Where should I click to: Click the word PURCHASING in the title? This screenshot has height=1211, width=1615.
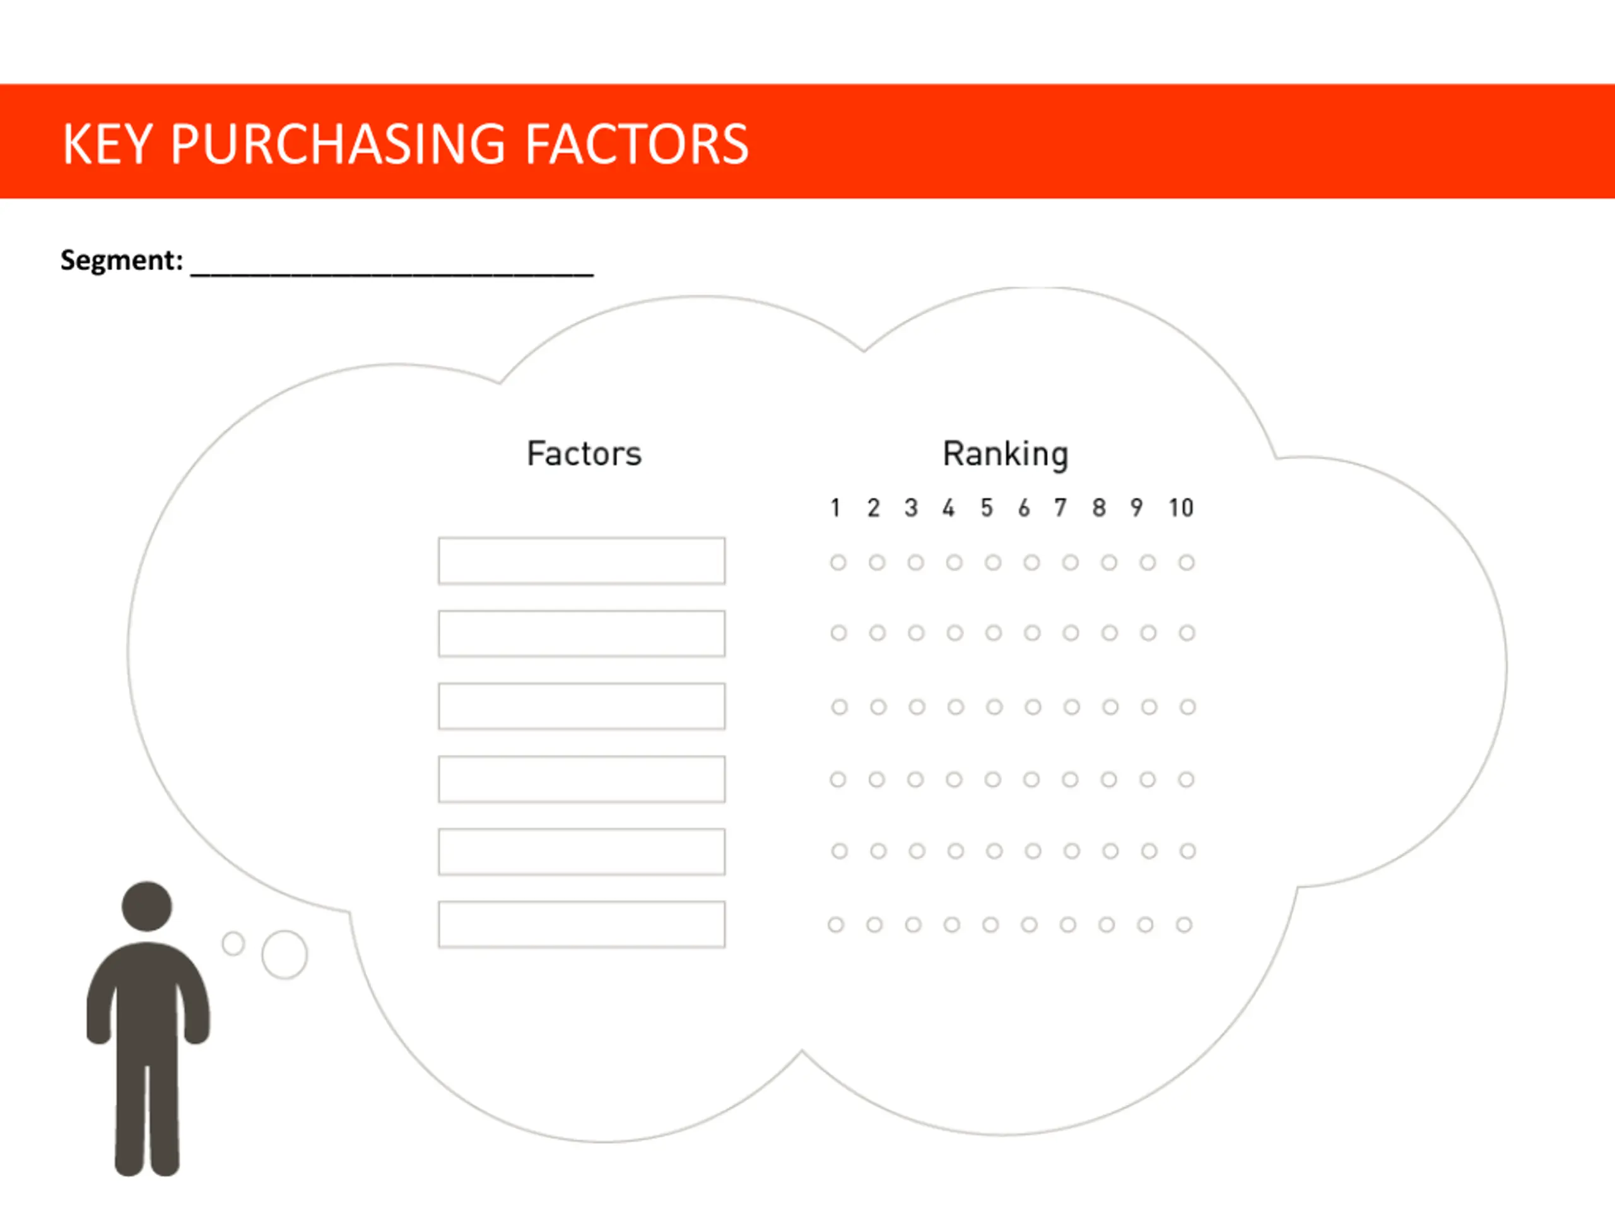tap(338, 144)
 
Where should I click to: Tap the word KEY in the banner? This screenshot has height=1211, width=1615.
tap(107, 144)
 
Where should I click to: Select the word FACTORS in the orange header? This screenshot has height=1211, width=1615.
tap(637, 144)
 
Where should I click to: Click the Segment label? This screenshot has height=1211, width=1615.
tap(121, 260)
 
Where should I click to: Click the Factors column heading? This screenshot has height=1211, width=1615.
tap(584, 453)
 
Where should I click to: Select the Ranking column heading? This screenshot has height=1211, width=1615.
tap(1006, 453)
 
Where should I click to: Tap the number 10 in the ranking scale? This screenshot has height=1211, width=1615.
tap(1180, 508)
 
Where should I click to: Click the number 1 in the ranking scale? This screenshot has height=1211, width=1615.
tap(835, 508)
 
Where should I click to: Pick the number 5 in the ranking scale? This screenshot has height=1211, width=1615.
tap(987, 508)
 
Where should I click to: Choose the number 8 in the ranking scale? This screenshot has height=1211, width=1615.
tap(1099, 508)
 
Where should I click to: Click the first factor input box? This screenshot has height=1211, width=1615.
tap(582, 561)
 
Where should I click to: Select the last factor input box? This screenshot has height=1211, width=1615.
tap(582, 924)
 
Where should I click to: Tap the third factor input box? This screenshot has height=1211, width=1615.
tap(582, 706)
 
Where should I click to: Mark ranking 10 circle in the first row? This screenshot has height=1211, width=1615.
tap(1187, 562)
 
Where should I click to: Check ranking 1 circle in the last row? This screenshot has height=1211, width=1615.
tap(836, 925)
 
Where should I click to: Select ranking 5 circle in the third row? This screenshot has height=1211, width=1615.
tap(994, 706)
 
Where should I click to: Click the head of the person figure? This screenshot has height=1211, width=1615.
tap(147, 906)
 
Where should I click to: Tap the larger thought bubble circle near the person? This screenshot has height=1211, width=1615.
tap(285, 954)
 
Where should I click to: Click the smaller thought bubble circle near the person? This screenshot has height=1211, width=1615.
tap(233, 943)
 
